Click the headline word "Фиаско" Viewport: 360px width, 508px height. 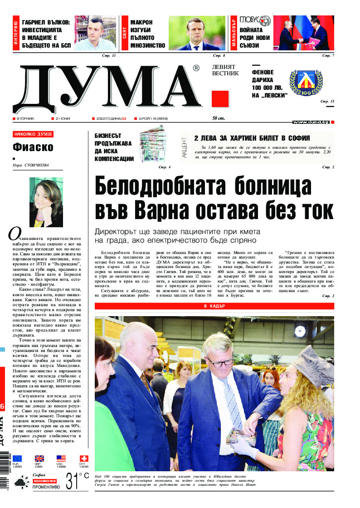coord(33,147)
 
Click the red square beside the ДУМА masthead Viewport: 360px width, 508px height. coord(220,98)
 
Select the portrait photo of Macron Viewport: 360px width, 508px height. coord(197,33)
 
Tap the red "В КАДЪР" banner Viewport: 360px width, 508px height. coord(214,306)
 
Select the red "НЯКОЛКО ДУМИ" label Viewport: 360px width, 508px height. coord(33,134)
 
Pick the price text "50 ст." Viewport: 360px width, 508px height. coord(219,118)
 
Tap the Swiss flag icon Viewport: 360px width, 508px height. coord(83,459)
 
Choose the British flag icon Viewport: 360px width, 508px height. coord(39,459)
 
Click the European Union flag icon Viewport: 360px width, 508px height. coord(17,459)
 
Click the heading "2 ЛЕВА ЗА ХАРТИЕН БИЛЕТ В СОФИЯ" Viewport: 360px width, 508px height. coord(252,138)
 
